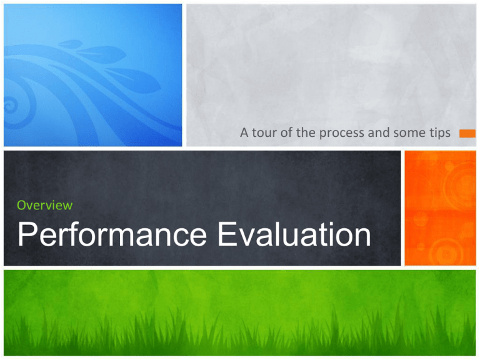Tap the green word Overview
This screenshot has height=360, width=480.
click(x=44, y=205)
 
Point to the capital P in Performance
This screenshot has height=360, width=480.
click(x=27, y=236)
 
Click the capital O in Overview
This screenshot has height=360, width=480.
click(x=22, y=205)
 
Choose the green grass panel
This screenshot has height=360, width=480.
click(x=240, y=312)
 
